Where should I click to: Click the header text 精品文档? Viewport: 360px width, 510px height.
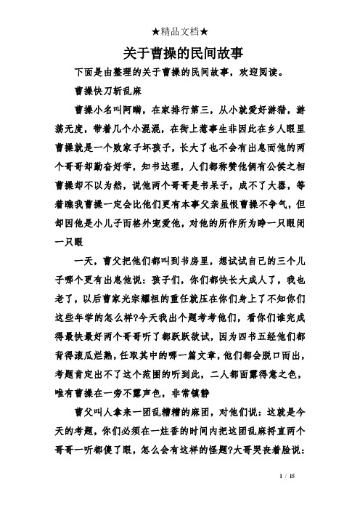[181, 31]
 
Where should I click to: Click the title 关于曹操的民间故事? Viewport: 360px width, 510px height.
[181, 53]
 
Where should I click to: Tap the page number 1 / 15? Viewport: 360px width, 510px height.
[327, 495]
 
